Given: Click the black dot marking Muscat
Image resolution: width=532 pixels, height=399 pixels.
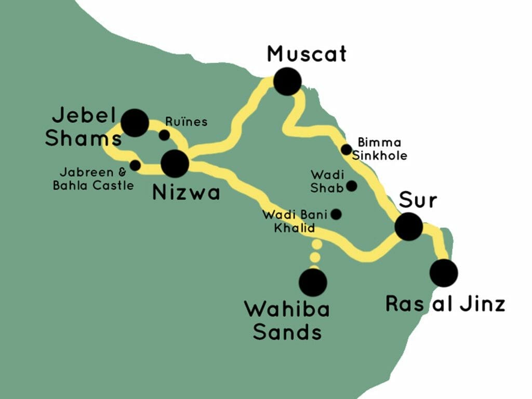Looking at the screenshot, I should coord(287,82).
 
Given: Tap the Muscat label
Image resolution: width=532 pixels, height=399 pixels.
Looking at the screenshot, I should coord(306,54).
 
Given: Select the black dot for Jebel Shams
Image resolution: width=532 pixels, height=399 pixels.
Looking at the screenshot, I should coord(135,123).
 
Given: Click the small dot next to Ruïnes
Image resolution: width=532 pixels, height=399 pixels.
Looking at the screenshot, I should coord(164,136).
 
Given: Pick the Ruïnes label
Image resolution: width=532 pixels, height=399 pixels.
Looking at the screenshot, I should coord(187,122).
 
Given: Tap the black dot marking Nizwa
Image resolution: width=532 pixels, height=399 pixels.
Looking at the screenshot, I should coord(175,164).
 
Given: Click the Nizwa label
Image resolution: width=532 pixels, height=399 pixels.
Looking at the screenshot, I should coord(187,193).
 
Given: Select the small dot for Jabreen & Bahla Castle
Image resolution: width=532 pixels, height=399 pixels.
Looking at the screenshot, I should coord(135,166).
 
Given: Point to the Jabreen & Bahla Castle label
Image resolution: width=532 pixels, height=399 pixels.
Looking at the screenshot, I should coord(94,178).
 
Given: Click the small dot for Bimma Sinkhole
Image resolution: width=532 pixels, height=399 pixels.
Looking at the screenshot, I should coord(347,150).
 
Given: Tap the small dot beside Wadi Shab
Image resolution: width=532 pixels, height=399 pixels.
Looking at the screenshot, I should coord(351,185).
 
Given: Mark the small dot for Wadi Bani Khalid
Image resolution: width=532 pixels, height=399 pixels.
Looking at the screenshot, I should coord(336,214).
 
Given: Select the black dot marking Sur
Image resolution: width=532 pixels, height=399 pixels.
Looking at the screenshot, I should coord(408,227).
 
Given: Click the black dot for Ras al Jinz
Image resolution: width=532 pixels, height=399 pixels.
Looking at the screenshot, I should coord(444,273).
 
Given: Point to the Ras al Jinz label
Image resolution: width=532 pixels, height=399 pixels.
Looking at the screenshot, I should coord(445,304).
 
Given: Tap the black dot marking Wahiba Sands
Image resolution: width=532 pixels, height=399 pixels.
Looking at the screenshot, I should coord(313,283).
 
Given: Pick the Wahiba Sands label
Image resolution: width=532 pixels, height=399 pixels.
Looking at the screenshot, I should coord(287,320).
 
